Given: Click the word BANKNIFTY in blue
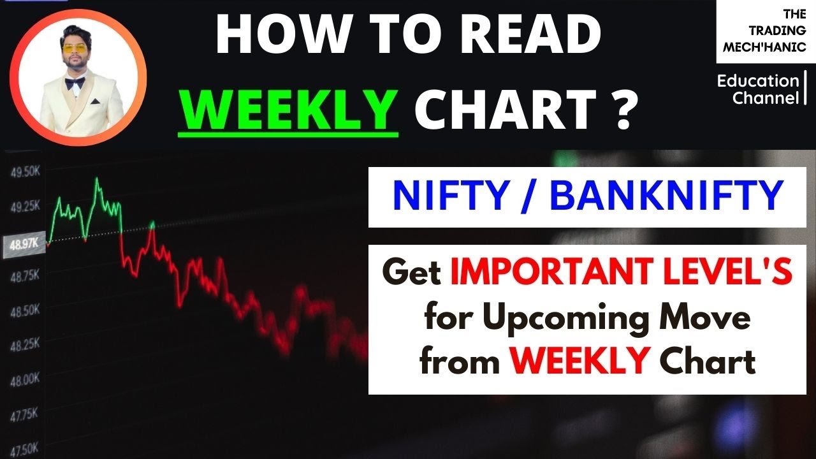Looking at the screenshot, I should pyautogui.click(x=666, y=195).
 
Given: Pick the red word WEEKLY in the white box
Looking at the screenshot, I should pyautogui.click(x=579, y=361).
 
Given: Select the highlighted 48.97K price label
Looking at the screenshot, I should pyautogui.click(x=24, y=244).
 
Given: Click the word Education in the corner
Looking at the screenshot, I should pyautogui.click(x=757, y=82).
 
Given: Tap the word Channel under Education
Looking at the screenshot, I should pyautogui.click(x=765, y=98).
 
